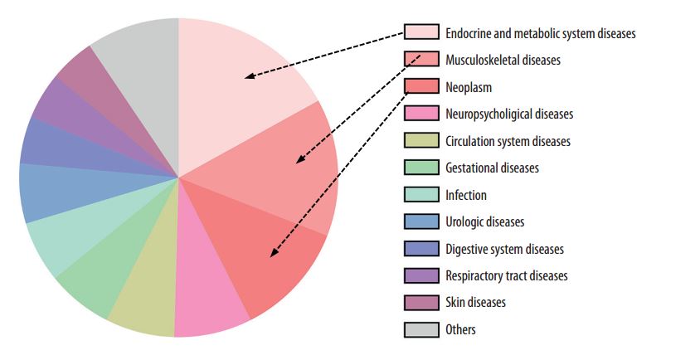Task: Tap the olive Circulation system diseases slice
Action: point(143,303)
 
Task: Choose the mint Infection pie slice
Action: point(66,241)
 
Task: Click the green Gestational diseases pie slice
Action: point(95,278)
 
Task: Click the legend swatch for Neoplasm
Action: point(421,86)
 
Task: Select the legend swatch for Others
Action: point(421,329)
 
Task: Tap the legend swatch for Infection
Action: point(421,195)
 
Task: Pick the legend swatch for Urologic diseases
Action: point(421,221)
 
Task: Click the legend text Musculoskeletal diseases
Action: point(503,60)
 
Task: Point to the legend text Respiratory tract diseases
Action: point(506,275)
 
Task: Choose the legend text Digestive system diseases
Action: point(504,249)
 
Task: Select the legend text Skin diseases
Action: point(475,303)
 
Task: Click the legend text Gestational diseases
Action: point(492,168)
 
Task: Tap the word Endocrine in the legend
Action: point(469,33)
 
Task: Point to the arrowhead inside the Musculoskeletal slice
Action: point(300,159)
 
